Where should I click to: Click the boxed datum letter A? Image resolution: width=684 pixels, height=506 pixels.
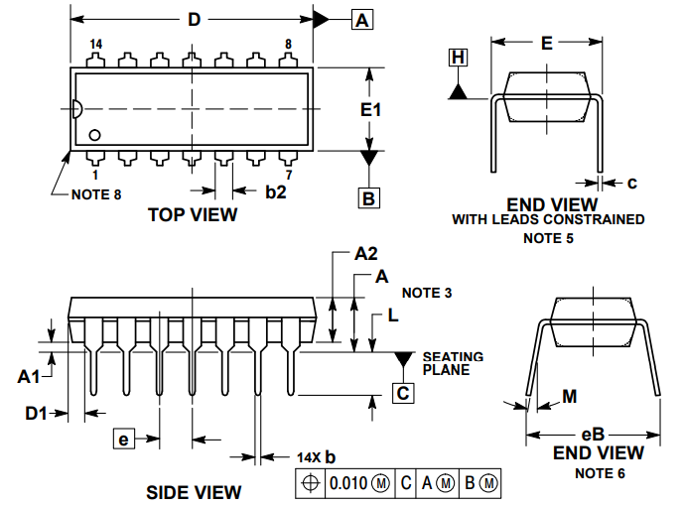[363, 19]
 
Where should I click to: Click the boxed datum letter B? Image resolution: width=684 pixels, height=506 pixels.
[369, 198]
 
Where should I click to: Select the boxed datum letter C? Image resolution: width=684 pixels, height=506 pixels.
[403, 394]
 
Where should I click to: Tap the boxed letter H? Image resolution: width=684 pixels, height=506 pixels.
[458, 59]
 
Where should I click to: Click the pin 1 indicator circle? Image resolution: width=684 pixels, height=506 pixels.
[95, 134]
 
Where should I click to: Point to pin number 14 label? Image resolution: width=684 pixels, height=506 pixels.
[96, 45]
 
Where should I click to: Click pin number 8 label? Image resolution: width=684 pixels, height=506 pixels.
[288, 45]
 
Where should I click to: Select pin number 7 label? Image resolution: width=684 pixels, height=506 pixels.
[288, 174]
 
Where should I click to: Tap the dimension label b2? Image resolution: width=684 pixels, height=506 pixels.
[275, 191]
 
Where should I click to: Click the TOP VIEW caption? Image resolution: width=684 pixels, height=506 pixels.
[193, 214]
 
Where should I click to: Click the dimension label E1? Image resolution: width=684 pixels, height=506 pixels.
[370, 110]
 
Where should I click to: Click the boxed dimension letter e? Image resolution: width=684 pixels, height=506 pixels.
[123, 439]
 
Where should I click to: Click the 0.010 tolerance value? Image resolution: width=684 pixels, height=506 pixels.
[347, 483]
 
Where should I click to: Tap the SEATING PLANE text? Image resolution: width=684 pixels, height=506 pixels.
[453, 363]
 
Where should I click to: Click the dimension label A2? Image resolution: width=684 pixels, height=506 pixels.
[366, 254]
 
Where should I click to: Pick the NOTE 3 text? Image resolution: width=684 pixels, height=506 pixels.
[427, 293]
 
